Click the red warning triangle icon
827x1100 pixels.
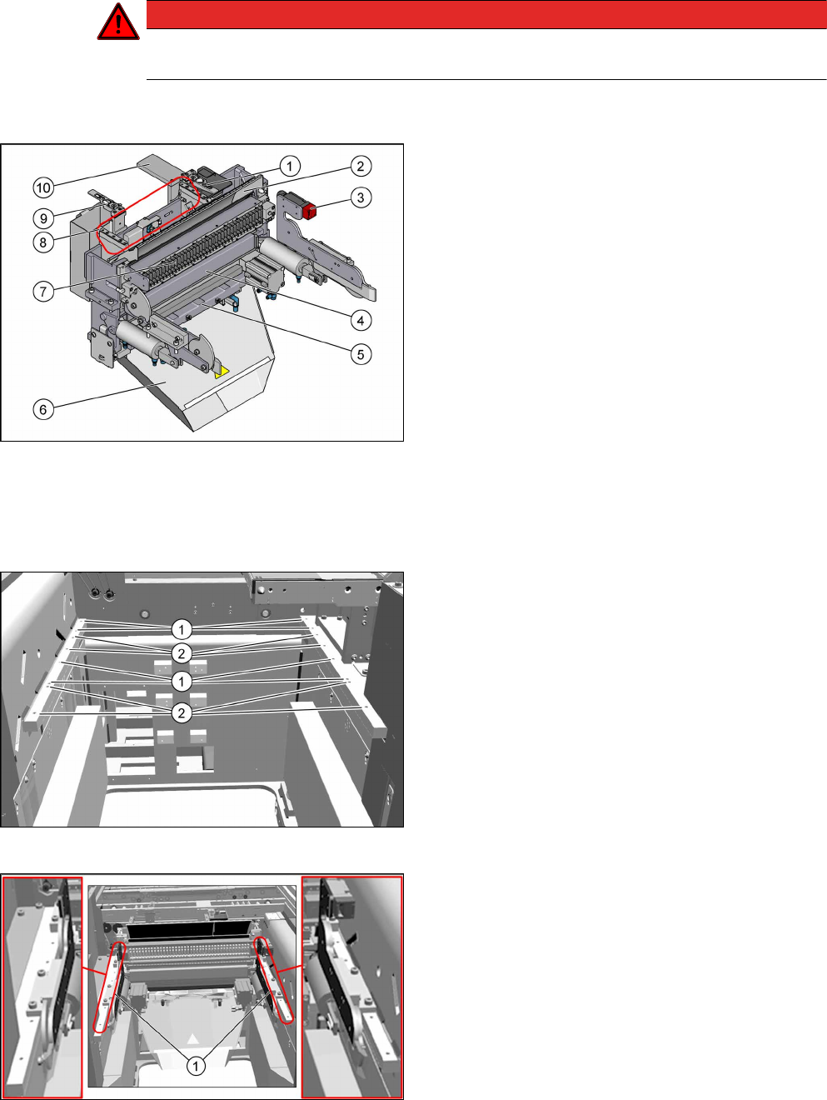[118, 22]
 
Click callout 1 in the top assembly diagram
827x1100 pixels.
[289, 166]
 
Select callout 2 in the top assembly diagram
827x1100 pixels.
[361, 166]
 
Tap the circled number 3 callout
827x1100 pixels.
[361, 197]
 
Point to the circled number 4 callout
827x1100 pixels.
[361, 320]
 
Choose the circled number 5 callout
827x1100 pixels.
[361, 354]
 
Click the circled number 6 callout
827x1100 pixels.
[43, 409]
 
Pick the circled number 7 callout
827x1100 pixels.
[43, 291]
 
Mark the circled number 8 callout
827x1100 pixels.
[43, 242]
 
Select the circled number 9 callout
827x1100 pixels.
[43, 218]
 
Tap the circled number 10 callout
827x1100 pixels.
[43, 188]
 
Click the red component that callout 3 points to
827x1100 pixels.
[309, 212]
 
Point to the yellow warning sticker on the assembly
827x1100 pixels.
[222, 372]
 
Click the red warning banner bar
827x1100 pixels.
[486, 14]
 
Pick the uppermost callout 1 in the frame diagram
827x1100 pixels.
[182, 629]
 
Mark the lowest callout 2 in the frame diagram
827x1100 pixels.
[182, 712]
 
